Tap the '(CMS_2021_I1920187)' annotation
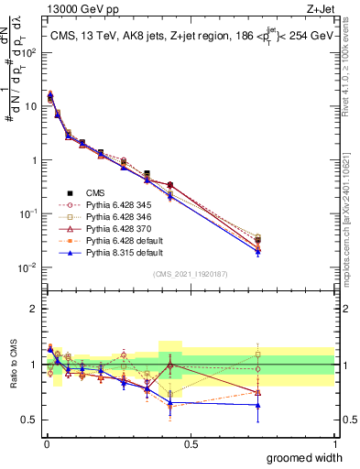(191, 275)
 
